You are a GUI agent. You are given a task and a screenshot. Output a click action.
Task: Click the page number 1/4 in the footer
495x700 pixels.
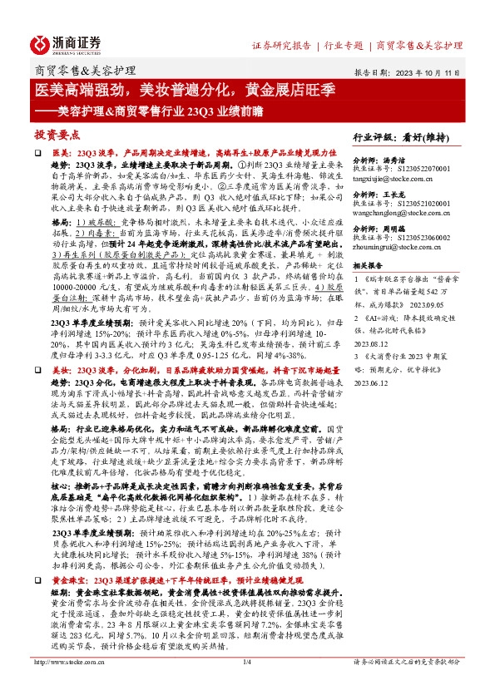click(247, 684)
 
